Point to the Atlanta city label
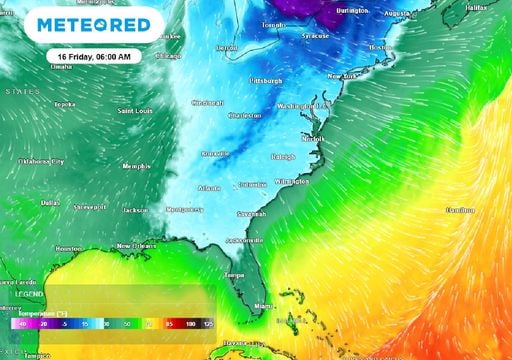[x=209, y=188]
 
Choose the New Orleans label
[x=138, y=246]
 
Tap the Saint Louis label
[x=136, y=110]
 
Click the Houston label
[x=69, y=248]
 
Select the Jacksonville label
[x=245, y=241]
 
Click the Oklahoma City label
[x=40, y=161]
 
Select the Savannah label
[x=251, y=213]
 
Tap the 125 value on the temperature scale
[x=208, y=324]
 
